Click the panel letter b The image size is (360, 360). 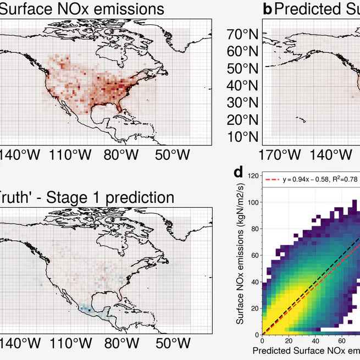pyautogui.click(x=268, y=9)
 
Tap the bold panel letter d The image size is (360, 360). pyautogui.click(x=239, y=173)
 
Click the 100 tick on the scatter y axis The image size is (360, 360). pyautogui.click(x=252, y=202)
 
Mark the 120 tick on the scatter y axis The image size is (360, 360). pyautogui.click(x=252, y=176)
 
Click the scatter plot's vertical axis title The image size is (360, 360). pyautogui.click(x=241, y=255)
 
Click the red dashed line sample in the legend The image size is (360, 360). pyautogui.click(x=273, y=179)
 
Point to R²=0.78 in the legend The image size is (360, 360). pyautogui.click(x=343, y=179)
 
